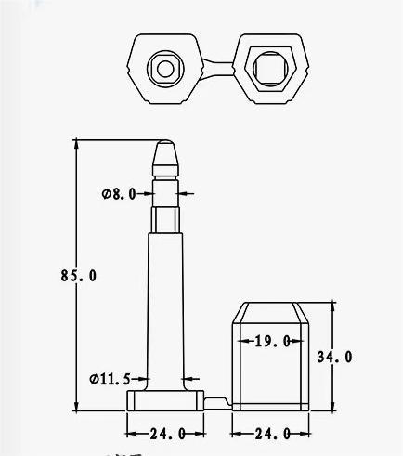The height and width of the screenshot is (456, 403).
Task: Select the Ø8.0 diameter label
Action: coord(119,193)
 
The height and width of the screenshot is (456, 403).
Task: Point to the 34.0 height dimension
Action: coord(335,356)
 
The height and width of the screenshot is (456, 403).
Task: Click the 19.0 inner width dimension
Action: coord(273,341)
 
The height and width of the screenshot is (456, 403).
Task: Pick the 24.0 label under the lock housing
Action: coord(272,434)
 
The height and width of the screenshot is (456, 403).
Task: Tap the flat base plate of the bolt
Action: coord(164,400)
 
